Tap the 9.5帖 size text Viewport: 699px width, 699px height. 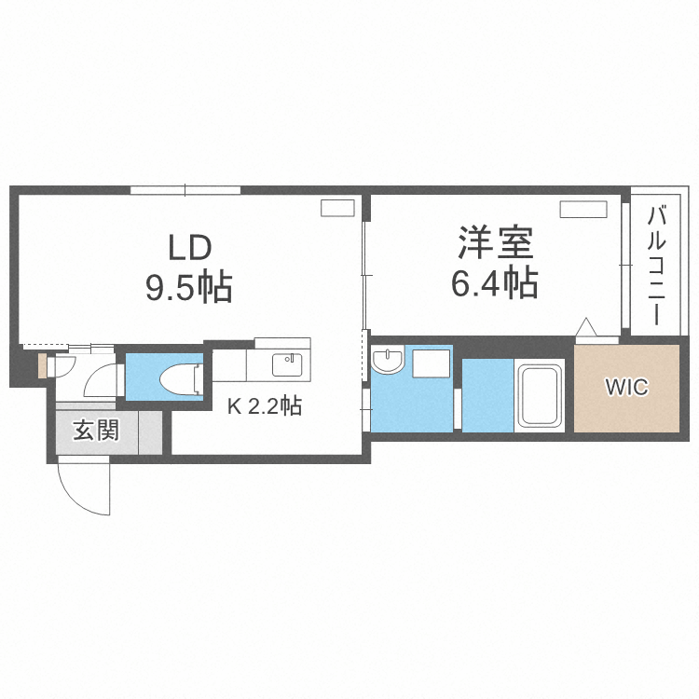click(x=188, y=288)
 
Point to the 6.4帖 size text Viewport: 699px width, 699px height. click(x=494, y=282)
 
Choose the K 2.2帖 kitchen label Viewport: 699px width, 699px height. click(x=266, y=406)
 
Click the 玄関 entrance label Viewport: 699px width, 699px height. click(x=96, y=431)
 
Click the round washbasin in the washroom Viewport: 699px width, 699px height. click(x=385, y=361)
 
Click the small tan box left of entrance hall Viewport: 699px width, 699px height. click(x=42, y=365)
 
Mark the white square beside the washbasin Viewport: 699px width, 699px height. click(x=431, y=362)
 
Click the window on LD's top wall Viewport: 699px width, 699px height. click(x=185, y=190)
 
